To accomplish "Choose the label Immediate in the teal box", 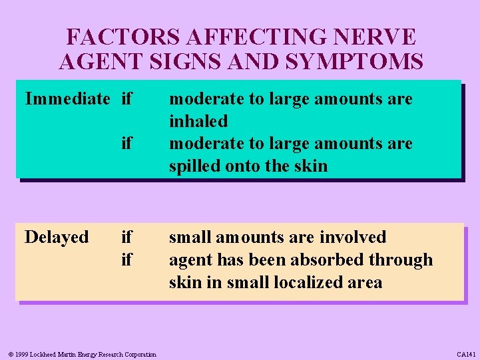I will (67, 99).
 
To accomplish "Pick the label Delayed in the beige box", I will (57, 237).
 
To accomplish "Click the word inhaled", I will (198, 121).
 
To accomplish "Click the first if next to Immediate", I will (126, 99).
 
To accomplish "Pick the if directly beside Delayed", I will (126, 237).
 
